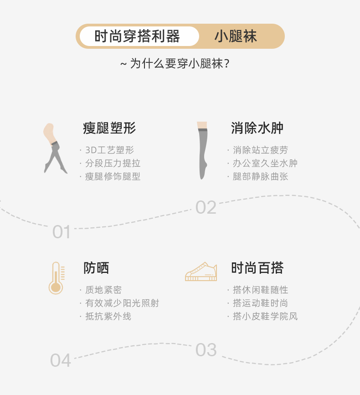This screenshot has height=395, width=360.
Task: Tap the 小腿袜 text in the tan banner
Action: point(236,36)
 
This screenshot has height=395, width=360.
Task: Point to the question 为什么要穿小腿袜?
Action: point(175,63)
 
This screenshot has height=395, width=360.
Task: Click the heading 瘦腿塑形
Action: point(109,128)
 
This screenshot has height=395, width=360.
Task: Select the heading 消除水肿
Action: point(257,128)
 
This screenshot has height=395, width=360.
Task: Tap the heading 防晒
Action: point(96,268)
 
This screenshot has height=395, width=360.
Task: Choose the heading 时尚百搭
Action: point(257,268)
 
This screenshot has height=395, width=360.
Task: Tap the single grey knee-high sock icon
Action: point(202,150)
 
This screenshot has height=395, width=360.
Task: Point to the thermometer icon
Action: point(57,278)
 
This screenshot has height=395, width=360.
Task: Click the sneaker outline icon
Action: point(201,272)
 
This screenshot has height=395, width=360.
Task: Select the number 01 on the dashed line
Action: point(62,232)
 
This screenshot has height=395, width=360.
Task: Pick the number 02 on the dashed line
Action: point(206,208)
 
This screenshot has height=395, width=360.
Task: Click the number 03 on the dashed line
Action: point(206,350)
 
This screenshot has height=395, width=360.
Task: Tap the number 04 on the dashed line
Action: point(61,360)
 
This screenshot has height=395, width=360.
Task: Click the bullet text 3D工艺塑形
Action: point(109,150)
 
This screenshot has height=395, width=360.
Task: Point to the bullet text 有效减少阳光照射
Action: point(122,303)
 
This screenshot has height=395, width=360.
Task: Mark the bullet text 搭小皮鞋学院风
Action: point(265,317)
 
